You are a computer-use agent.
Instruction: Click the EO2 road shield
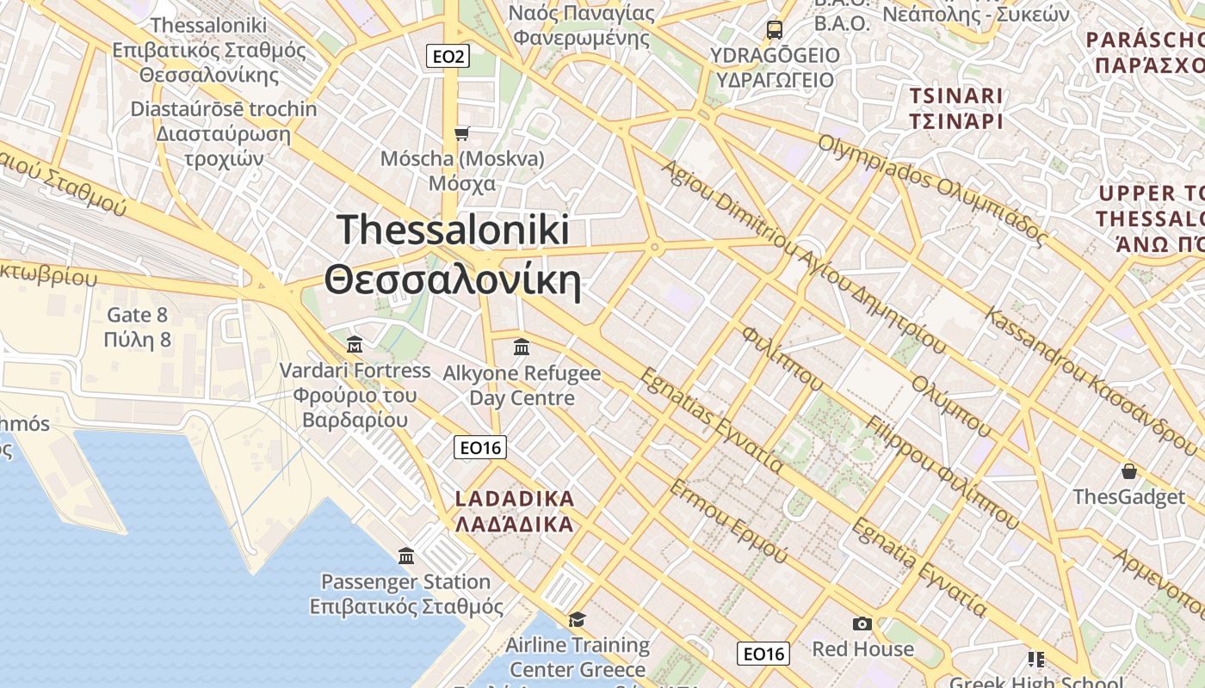(x=448, y=57)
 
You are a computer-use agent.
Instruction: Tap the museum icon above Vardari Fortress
(x=354, y=346)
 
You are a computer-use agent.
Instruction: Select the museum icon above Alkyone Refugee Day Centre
(x=522, y=347)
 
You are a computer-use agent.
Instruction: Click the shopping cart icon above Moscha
(x=462, y=133)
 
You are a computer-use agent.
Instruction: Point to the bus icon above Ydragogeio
(x=775, y=30)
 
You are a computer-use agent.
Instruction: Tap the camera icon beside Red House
(x=862, y=623)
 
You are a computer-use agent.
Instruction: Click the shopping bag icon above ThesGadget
(x=1128, y=471)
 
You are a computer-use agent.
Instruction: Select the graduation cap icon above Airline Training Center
(x=577, y=619)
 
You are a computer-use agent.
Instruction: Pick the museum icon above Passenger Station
(x=406, y=556)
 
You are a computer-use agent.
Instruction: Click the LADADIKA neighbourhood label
(x=514, y=512)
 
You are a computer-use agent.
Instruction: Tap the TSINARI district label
(x=956, y=107)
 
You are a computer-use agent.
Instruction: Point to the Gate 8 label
(x=138, y=328)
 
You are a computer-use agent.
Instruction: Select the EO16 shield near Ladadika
(x=480, y=447)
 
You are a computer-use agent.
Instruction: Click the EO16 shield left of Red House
(x=763, y=654)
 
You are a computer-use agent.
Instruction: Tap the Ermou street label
(x=727, y=521)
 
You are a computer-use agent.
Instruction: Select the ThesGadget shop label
(x=1128, y=497)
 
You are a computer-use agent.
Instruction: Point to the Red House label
(x=862, y=648)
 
